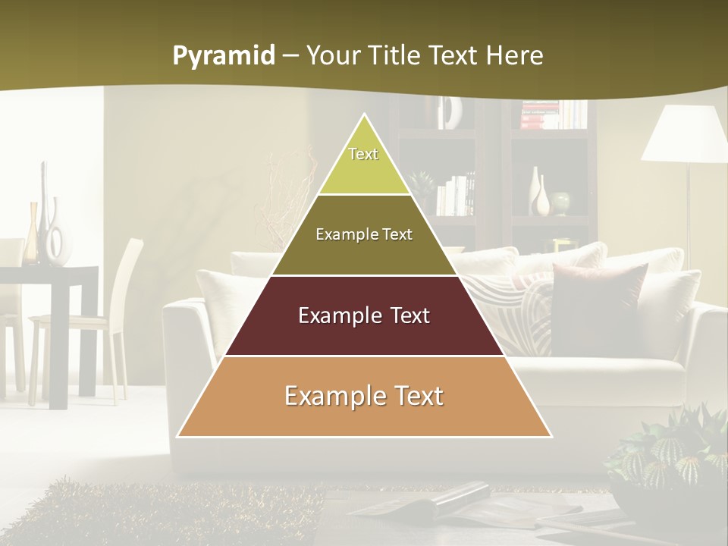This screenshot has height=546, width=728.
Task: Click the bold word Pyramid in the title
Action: click(223, 55)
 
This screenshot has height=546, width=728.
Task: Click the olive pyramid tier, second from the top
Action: click(364, 235)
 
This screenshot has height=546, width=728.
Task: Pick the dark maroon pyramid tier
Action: click(364, 316)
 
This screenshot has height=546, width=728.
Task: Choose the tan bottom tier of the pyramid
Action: click(364, 397)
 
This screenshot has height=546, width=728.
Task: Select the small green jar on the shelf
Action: click(560, 202)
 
